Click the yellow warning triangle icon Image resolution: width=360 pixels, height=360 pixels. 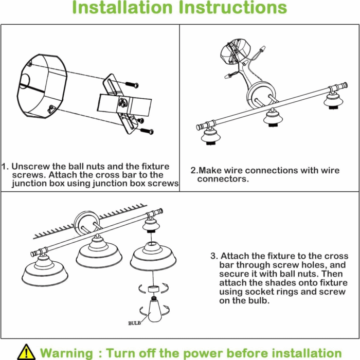[x=26, y=352]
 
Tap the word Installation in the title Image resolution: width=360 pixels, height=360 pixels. [x=122, y=7]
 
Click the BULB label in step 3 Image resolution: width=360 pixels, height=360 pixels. [x=134, y=323]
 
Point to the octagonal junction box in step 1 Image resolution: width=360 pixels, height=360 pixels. [x=42, y=86]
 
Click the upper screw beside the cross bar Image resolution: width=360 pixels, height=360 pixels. [x=132, y=84]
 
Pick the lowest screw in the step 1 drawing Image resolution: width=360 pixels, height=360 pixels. [x=147, y=131]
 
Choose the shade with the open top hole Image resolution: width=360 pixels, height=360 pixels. [x=153, y=256]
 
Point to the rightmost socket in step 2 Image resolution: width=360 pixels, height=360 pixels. [x=333, y=100]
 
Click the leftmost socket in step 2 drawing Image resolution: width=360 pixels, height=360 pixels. [x=210, y=136]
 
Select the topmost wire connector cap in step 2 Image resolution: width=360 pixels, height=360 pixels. [x=262, y=49]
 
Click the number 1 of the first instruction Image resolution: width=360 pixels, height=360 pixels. [x=4, y=166]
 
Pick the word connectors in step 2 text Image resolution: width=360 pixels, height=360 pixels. [x=223, y=179]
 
